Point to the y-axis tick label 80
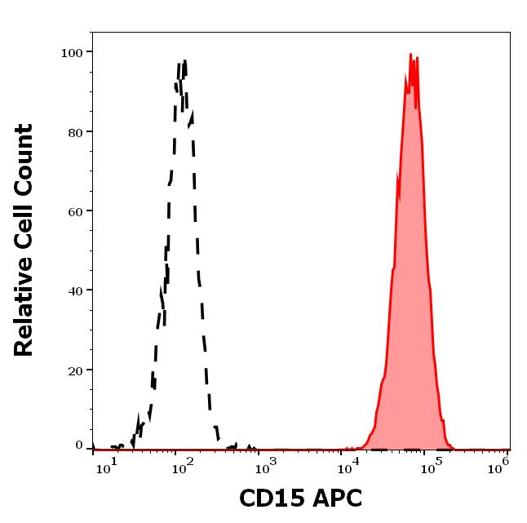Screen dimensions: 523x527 (74, 131)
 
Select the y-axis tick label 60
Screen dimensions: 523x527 (74, 211)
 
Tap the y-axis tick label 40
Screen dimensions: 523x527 (74, 290)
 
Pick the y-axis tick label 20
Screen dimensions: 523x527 (74, 370)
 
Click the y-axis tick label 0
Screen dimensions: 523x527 (79, 446)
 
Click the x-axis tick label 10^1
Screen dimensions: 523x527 (108, 465)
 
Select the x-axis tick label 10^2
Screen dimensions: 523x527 (182, 465)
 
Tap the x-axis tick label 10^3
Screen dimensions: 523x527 (267, 465)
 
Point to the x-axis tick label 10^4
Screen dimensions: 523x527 (352, 465)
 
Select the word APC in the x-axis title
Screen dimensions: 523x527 (336, 499)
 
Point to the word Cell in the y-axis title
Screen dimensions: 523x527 (24, 232)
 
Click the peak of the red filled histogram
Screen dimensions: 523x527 (412, 55)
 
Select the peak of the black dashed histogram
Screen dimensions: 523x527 (184, 61)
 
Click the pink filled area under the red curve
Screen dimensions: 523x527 (412, 286)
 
